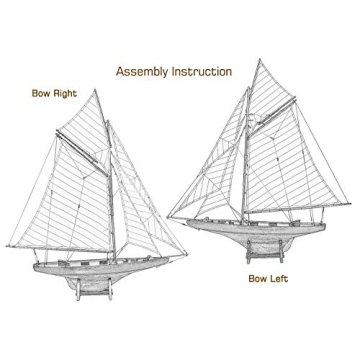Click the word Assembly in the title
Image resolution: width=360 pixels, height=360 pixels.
(145, 71)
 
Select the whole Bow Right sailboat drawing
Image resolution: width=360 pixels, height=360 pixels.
(90, 200)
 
